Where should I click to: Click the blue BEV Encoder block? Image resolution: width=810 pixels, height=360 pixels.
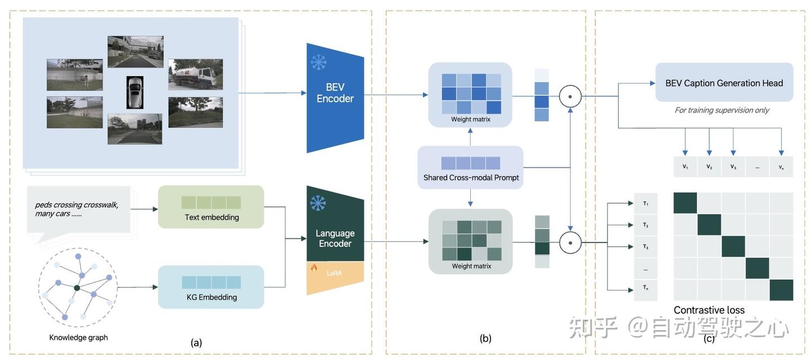click(335, 97)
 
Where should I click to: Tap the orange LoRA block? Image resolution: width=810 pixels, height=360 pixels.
click(335, 277)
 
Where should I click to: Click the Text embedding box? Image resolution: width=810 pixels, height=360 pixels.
click(211, 207)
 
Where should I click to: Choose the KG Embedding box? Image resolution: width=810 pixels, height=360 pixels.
click(211, 287)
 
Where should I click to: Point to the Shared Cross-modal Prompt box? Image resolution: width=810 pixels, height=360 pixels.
click(470, 168)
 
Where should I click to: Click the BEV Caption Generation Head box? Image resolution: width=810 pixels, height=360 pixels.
click(724, 82)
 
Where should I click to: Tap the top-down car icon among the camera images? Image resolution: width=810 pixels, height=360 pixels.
click(135, 92)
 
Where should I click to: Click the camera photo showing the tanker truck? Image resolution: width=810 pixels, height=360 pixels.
click(196, 74)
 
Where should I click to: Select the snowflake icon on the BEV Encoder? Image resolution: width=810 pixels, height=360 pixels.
click(318, 62)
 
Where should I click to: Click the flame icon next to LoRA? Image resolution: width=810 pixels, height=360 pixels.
click(314, 268)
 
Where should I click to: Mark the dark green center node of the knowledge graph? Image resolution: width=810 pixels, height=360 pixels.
click(76, 287)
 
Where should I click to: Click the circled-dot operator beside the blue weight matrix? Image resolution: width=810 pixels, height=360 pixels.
click(570, 97)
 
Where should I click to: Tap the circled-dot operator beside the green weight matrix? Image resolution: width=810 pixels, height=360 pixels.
click(570, 242)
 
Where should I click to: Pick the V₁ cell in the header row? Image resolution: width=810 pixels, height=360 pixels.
click(685, 166)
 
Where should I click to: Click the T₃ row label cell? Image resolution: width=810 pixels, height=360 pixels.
click(646, 246)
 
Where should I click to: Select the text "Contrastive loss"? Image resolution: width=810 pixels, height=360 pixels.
click(709, 310)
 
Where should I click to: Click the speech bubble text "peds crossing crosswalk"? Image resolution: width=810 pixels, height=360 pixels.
click(76, 205)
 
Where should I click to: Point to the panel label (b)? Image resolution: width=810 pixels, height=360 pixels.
click(485, 338)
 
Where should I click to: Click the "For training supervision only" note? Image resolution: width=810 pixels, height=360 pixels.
click(722, 110)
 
